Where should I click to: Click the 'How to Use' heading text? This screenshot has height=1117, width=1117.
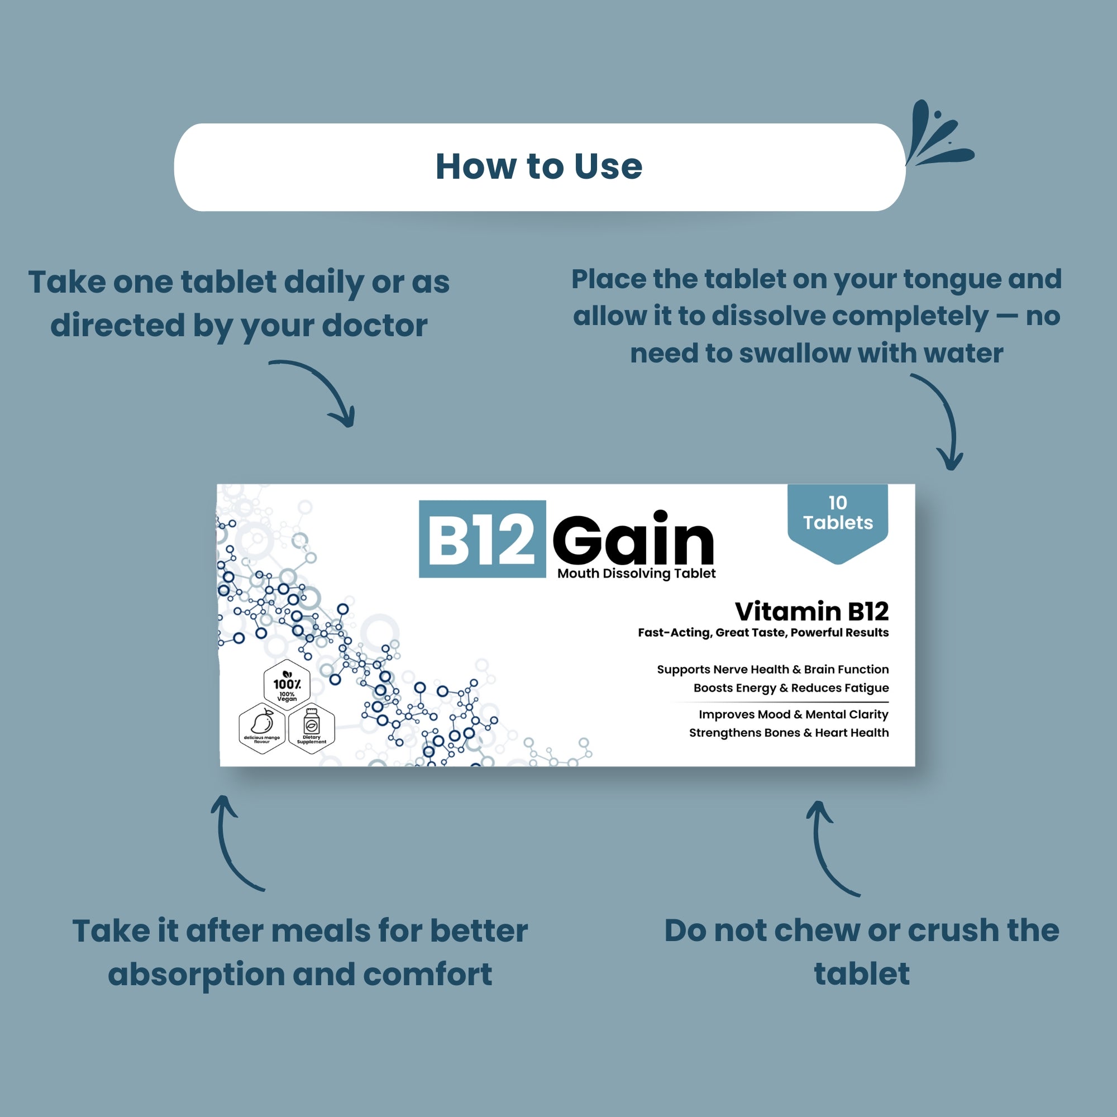(x=539, y=166)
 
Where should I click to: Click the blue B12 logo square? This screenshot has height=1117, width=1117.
(x=482, y=539)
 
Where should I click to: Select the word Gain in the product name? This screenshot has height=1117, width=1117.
(x=634, y=539)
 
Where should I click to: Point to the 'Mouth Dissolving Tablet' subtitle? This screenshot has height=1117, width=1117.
(x=636, y=574)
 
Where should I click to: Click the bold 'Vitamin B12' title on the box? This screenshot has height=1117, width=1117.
(x=811, y=611)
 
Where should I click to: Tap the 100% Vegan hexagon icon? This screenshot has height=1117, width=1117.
(x=287, y=685)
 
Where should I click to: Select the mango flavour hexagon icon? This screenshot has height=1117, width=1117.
(x=262, y=727)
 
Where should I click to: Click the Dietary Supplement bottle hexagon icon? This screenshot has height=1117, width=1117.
(x=312, y=727)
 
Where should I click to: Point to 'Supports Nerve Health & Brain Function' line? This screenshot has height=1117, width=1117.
(x=772, y=670)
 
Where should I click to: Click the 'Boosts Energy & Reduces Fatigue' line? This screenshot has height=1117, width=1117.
(x=791, y=688)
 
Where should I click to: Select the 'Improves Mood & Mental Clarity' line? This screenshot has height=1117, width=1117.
(x=793, y=715)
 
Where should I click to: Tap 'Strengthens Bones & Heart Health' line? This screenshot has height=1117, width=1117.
(x=789, y=733)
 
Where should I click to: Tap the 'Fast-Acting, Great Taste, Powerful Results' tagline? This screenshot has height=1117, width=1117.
(x=763, y=633)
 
